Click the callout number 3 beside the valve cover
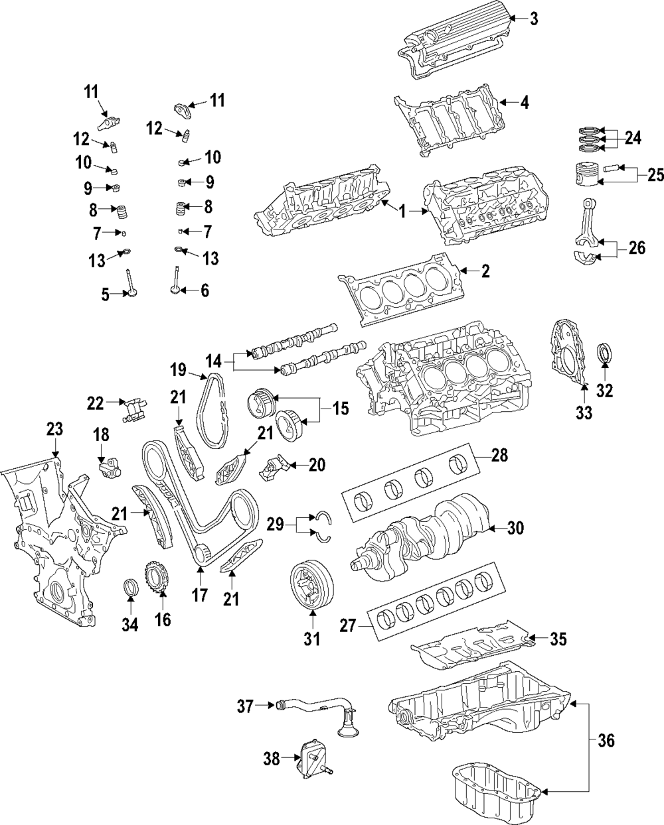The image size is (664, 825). tap(533, 19)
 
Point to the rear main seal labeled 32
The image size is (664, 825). tap(605, 353)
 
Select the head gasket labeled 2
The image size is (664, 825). tap(398, 288)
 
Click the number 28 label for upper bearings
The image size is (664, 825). tap(499, 455)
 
